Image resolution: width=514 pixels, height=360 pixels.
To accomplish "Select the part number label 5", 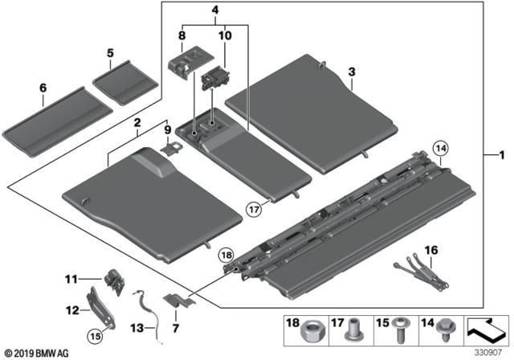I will coord(110,54).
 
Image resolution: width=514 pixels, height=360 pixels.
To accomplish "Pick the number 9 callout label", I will coord(169,129).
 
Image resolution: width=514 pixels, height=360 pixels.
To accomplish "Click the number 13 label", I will coord(136,327).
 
